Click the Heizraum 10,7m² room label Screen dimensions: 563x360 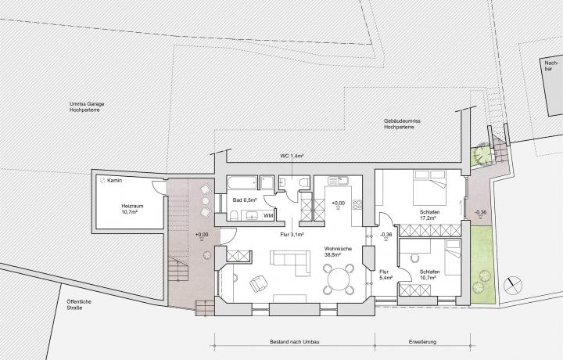point(132,209)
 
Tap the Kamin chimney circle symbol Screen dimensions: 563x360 point(102,180)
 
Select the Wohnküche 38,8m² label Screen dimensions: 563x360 point(338,251)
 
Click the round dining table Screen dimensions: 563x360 point(339,279)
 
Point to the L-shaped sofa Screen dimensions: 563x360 point(290,262)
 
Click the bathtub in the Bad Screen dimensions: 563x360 point(242,182)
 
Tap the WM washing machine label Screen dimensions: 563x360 point(268,215)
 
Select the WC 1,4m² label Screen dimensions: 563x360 point(292,157)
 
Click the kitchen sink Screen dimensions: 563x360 point(338,180)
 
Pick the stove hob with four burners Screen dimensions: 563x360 point(357,204)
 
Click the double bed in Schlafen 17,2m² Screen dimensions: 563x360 point(429,187)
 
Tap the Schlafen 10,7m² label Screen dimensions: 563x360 point(429,275)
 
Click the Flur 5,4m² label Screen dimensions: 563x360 point(385,275)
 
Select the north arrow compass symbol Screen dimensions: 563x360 point(512,286)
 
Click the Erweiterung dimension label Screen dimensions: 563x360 point(422,342)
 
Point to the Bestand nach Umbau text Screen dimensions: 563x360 point(295,342)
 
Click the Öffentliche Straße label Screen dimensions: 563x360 point(79,304)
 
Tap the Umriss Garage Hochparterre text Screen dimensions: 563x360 point(87,106)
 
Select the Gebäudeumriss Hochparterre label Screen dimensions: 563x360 point(402,124)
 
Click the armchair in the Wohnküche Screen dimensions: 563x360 point(259,283)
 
